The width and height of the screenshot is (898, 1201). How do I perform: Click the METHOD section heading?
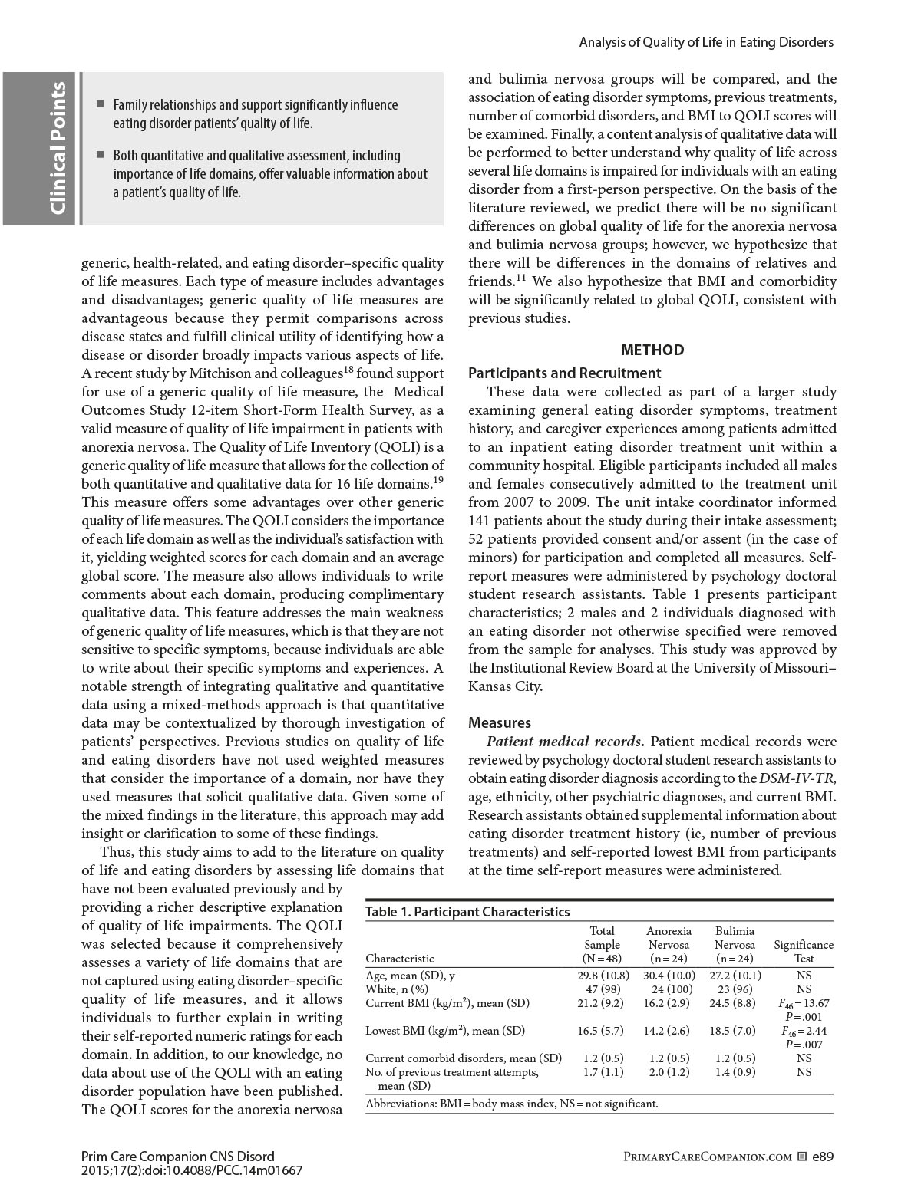(x=652, y=350)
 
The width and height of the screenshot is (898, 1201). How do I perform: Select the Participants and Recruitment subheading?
(x=564, y=373)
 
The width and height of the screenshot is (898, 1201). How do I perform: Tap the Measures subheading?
(x=499, y=722)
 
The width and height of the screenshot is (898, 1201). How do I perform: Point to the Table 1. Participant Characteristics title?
(x=467, y=912)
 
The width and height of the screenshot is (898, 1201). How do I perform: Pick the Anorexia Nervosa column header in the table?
(x=669, y=945)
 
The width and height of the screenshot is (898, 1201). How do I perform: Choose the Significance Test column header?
(x=804, y=952)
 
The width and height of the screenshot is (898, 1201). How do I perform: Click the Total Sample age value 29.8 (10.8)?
(x=603, y=976)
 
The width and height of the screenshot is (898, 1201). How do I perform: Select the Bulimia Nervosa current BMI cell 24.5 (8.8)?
(x=734, y=1003)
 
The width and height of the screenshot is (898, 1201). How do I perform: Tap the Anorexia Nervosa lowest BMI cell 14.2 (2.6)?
(x=669, y=1031)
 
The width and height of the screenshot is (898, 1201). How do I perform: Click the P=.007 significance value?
(x=804, y=1044)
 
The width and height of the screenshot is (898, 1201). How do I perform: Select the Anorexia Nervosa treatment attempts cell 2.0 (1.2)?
(x=669, y=1072)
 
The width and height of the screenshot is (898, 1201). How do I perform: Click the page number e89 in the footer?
(x=822, y=1157)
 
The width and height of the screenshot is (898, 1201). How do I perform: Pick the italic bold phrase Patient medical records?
(x=566, y=742)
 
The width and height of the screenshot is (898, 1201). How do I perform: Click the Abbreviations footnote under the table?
(x=512, y=1104)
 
